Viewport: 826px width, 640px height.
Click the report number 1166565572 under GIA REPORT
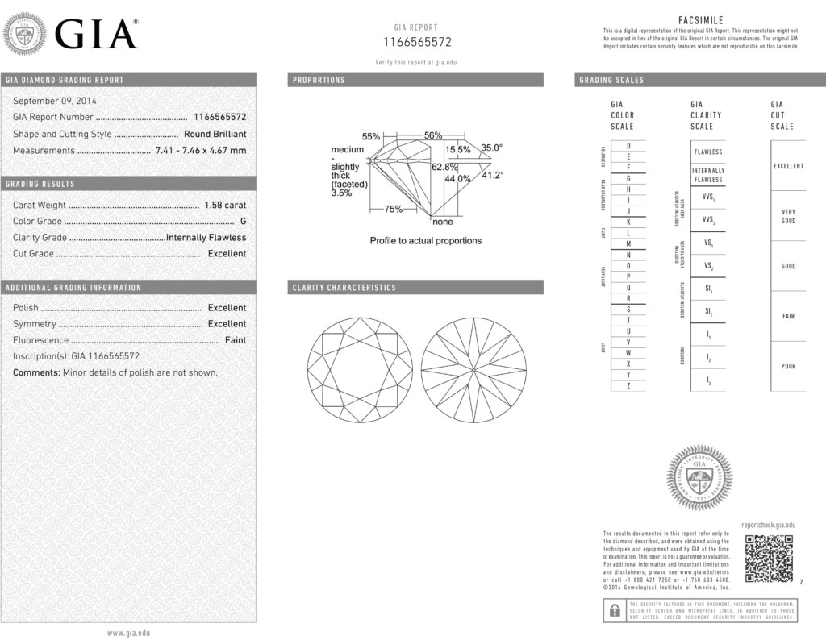pyautogui.click(x=416, y=42)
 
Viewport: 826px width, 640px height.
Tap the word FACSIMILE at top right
pyautogui.click(x=701, y=19)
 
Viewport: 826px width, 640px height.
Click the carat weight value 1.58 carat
pyautogui.click(x=225, y=205)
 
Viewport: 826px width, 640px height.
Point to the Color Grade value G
pyautogui.click(x=243, y=221)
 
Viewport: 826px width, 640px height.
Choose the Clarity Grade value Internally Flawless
pyautogui.click(x=206, y=237)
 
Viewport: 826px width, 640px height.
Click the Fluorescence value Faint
pyautogui.click(x=236, y=340)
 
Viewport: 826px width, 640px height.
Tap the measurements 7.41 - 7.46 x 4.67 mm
pyautogui.click(x=201, y=150)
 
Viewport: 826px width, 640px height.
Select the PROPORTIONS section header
pyautogui.click(x=319, y=80)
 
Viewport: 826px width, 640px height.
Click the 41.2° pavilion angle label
pyautogui.click(x=492, y=175)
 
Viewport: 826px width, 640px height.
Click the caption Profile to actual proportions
pyautogui.click(x=425, y=240)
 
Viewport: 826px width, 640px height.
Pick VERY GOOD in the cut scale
pyautogui.click(x=788, y=216)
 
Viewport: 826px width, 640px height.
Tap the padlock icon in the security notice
pyautogui.click(x=615, y=610)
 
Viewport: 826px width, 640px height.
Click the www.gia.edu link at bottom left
pyautogui.click(x=129, y=633)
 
